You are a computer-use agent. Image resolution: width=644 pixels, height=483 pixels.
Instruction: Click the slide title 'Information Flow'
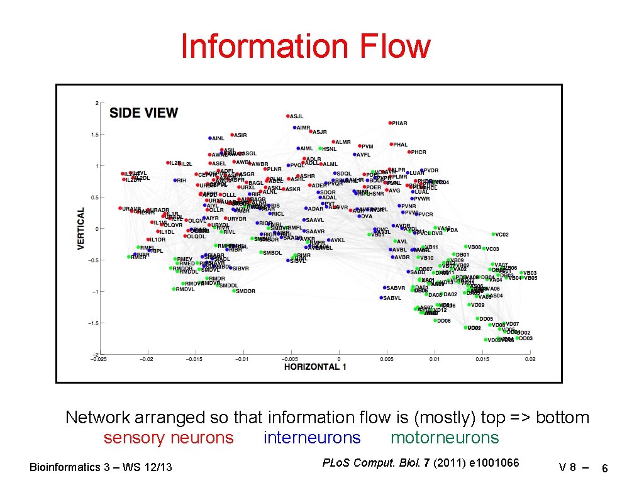(x=306, y=47)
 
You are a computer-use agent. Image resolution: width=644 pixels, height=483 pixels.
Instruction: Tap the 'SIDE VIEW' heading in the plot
(x=143, y=113)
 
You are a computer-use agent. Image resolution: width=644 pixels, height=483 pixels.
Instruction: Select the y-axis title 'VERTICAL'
(x=81, y=229)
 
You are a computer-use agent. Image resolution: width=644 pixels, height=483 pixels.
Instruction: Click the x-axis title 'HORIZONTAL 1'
(x=315, y=367)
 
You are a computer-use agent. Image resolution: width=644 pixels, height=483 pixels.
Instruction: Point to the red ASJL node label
(x=296, y=116)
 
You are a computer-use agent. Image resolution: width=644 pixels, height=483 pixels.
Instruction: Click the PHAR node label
(x=399, y=123)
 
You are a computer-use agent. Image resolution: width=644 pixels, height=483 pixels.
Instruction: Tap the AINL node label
(x=218, y=138)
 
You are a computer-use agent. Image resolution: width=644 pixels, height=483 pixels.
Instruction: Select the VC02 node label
(x=502, y=235)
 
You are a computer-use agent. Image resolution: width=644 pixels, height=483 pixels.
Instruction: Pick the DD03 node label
(x=525, y=338)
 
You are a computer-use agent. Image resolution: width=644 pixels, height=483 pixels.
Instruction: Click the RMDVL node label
(x=186, y=289)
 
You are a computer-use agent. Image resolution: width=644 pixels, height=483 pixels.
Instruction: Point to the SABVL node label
(x=392, y=298)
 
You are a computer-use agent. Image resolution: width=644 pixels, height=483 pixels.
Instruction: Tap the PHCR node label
(x=418, y=152)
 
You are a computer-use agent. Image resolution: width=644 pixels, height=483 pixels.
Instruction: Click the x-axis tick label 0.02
(x=530, y=359)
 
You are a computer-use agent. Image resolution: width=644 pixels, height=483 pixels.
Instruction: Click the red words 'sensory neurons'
(x=168, y=438)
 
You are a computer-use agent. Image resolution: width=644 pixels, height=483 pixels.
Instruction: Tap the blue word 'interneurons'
(x=312, y=438)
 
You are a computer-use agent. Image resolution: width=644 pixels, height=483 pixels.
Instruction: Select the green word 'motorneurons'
(x=444, y=438)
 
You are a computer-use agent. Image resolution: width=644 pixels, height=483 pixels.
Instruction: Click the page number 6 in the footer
(x=604, y=468)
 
